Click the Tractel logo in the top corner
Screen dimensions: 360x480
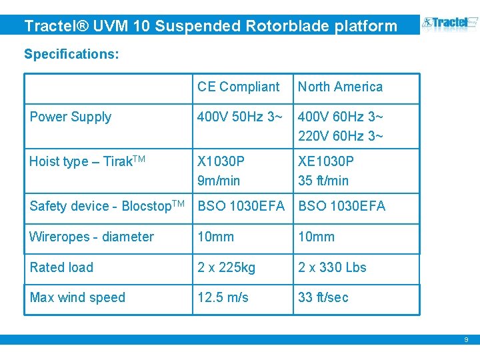click(x=450, y=25)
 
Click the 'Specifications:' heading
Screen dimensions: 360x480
click(x=71, y=54)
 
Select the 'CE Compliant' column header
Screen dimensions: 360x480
click(x=238, y=87)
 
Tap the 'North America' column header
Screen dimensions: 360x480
click(x=340, y=87)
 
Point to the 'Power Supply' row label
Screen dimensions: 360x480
click(x=70, y=117)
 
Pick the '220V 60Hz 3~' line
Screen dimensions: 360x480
click(x=340, y=137)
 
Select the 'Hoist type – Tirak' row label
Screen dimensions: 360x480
click(x=87, y=161)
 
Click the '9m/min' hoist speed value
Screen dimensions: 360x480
click(x=219, y=181)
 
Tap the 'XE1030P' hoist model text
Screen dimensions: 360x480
click(x=326, y=161)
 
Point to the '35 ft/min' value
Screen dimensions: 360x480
click(x=323, y=181)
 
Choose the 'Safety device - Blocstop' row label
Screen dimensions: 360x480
click(x=107, y=206)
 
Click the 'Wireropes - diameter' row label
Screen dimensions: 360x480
click(x=91, y=237)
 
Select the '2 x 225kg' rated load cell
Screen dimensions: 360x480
click(x=226, y=267)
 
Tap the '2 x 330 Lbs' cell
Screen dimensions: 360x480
click(x=332, y=267)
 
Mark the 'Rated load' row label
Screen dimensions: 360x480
click(x=61, y=267)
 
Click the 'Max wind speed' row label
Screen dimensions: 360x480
click(x=77, y=297)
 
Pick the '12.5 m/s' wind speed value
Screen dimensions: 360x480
click(x=223, y=297)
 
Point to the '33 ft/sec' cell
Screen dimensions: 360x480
click(x=323, y=297)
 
